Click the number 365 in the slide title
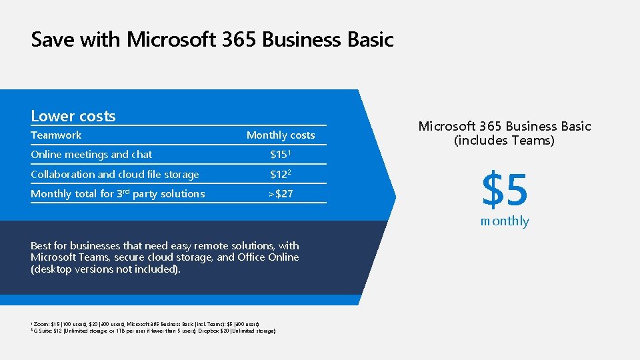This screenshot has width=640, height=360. pyautogui.click(x=236, y=40)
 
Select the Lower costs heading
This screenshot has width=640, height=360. pyautogui.click(x=73, y=116)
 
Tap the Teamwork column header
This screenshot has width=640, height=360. pyautogui.click(x=57, y=135)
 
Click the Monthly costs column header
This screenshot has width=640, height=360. pyautogui.click(x=281, y=135)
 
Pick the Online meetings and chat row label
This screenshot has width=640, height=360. pyautogui.click(x=91, y=155)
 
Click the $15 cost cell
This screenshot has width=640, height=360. pyautogui.click(x=280, y=155)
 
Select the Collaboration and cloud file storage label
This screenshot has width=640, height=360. pyautogui.click(x=115, y=175)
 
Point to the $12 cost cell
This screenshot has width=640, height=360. pyautogui.click(x=280, y=175)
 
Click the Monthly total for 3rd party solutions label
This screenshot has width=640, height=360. pyautogui.click(x=118, y=194)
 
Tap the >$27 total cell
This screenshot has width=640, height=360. pyautogui.click(x=281, y=194)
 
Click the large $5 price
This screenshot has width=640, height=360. pyautogui.click(x=505, y=189)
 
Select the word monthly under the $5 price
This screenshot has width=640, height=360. pyautogui.click(x=505, y=221)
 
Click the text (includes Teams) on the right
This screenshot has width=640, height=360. pyautogui.click(x=504, y=141)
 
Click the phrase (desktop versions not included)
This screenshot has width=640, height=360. pyautogui.click(x=105, y=269)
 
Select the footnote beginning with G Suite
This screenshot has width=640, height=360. pyautogui.click(x=153, y=331)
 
